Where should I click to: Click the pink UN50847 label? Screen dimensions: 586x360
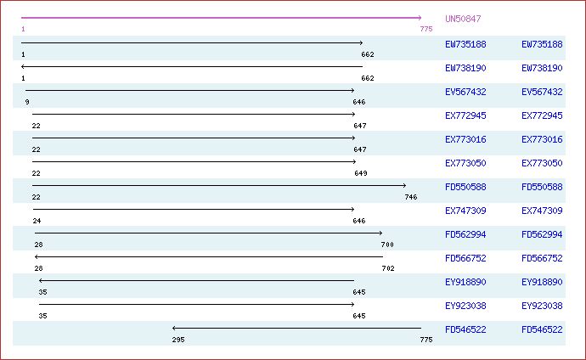[x=463, y=19]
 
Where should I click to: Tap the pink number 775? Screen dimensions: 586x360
[x=426, y=29]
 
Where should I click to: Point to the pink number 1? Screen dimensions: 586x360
[x=23, y=29]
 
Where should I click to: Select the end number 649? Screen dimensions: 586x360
[x=361, y=173]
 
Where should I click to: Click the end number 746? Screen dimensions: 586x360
[x=411, y=197]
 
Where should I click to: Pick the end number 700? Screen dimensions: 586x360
[x=387, y=245]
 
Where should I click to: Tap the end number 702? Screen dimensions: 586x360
[x=388, y=268]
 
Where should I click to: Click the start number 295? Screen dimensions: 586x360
[x=178, y=340]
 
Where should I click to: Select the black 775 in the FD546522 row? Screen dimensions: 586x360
[x=426, y=340]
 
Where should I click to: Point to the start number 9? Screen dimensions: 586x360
[x=27, y=102]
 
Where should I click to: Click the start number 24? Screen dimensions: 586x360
[x=37, y=221]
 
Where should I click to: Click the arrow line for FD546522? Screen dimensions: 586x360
[x=296, y=329]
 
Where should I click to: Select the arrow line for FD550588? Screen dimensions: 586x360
[x=219, y=186]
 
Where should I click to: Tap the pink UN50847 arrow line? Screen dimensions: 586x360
[x=222, y=18]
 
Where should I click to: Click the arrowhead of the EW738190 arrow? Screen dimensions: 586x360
[x=22, y=66]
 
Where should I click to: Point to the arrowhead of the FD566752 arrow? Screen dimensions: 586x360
[x=36, y=257]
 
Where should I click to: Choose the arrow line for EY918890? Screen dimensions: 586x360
[x=196, y=280]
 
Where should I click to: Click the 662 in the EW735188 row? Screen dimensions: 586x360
[x=368, y=54]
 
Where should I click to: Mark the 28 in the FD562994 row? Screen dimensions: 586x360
[x=38, y=245]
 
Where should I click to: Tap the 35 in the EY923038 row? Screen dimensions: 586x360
[x=42, y=316]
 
